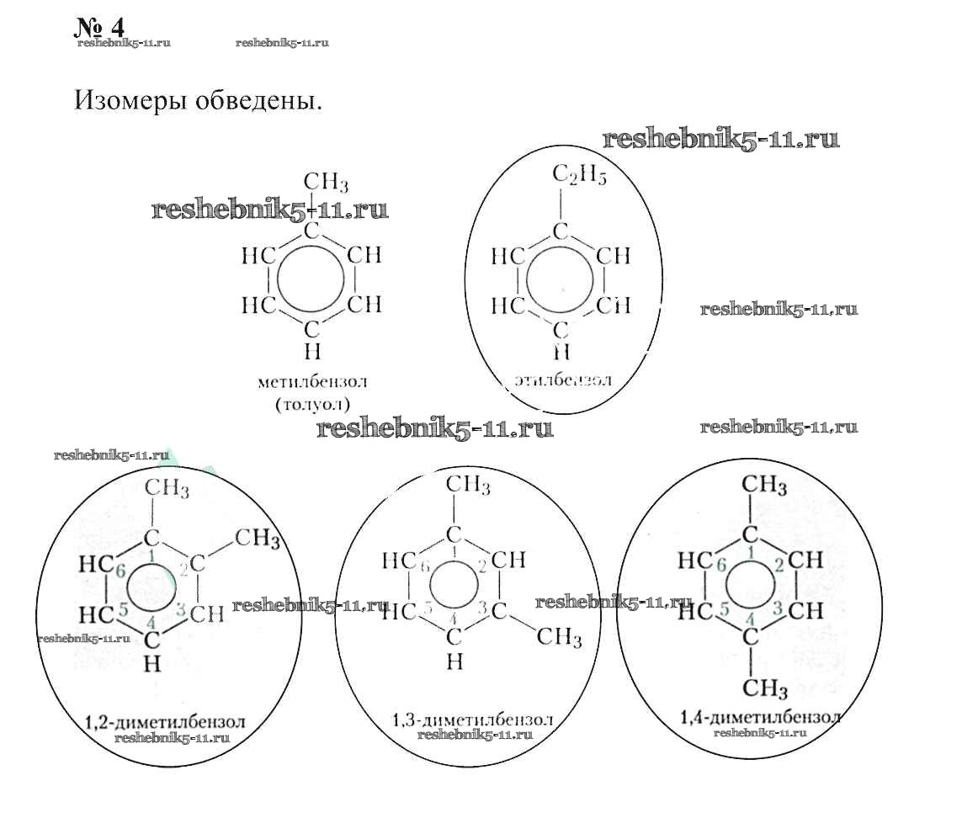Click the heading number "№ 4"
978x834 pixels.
[99, 26]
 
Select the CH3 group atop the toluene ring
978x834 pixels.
[325, 182]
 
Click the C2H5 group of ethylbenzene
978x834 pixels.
[579, 175]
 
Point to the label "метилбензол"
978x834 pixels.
[312, 382]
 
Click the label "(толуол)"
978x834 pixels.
[312, 403]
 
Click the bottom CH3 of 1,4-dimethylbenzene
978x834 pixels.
[765, 689]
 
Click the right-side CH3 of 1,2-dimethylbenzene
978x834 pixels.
[258, 537]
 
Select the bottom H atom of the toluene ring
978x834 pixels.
[312, 350]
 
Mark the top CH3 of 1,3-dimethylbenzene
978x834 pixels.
[468, 485]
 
